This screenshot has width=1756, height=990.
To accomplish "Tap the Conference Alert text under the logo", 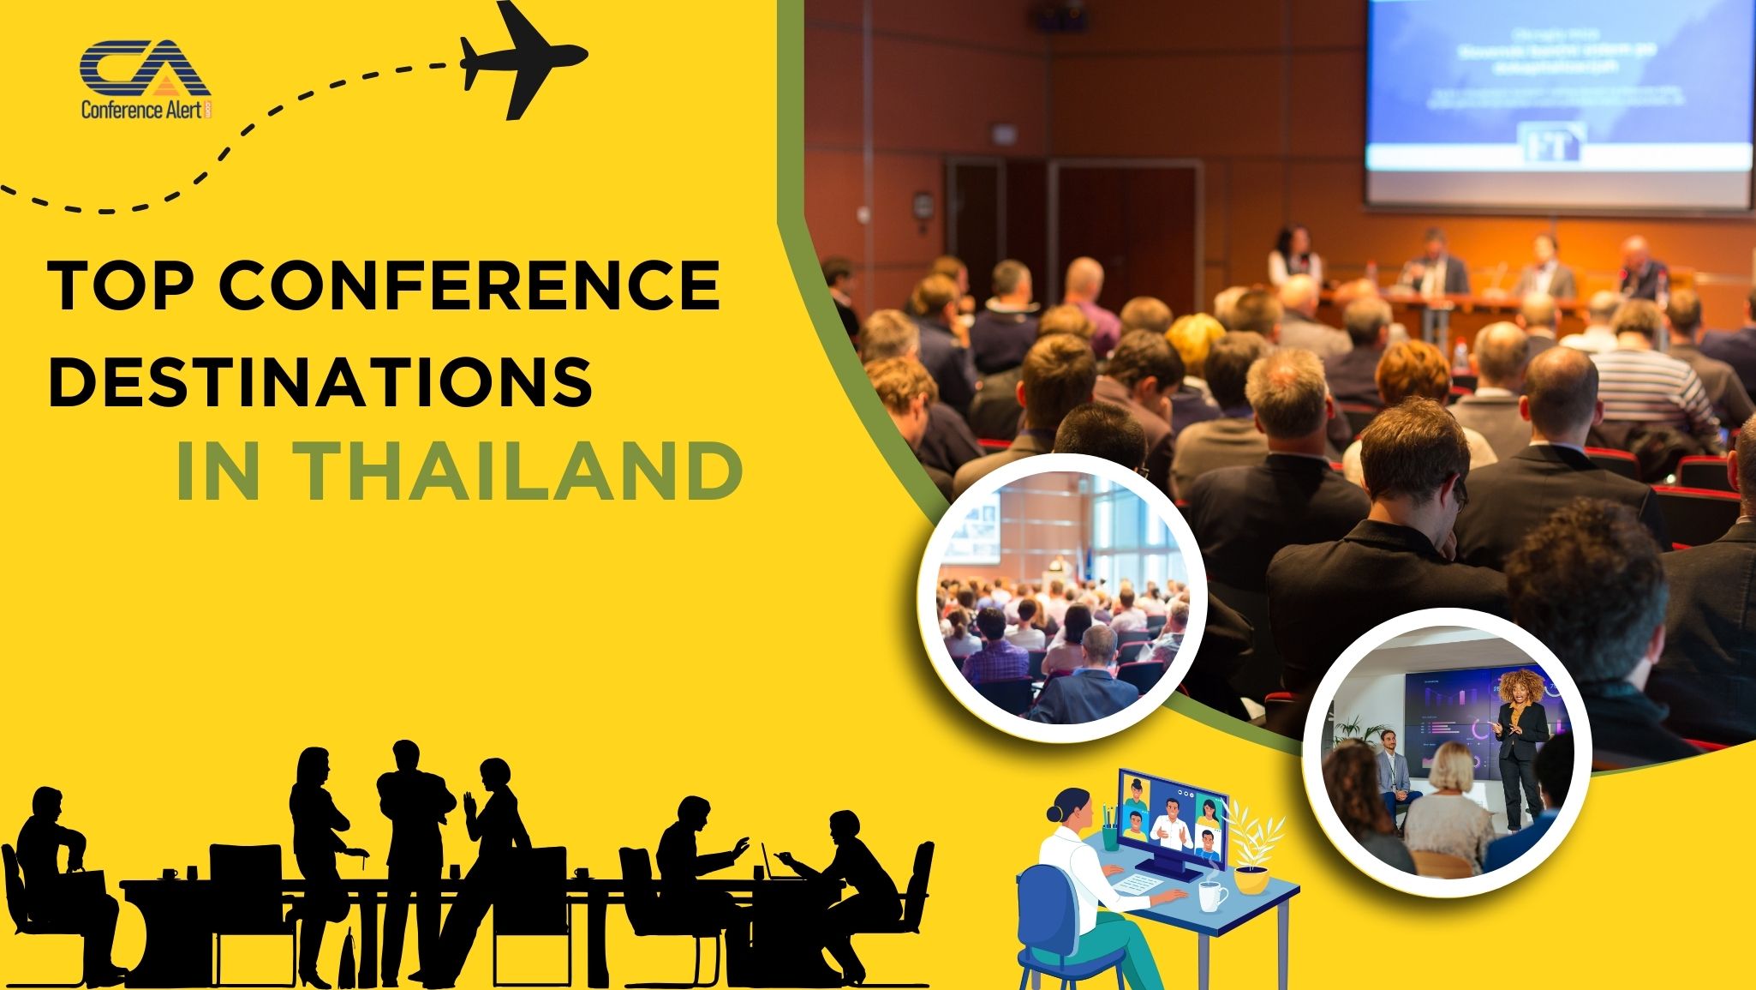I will coord(141,109).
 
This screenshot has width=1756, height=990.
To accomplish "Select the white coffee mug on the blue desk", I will coord(1211,896).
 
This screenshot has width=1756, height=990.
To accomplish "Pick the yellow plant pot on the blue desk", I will coord(1251,879).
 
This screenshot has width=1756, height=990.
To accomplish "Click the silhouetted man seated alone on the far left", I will coord(64,866).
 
